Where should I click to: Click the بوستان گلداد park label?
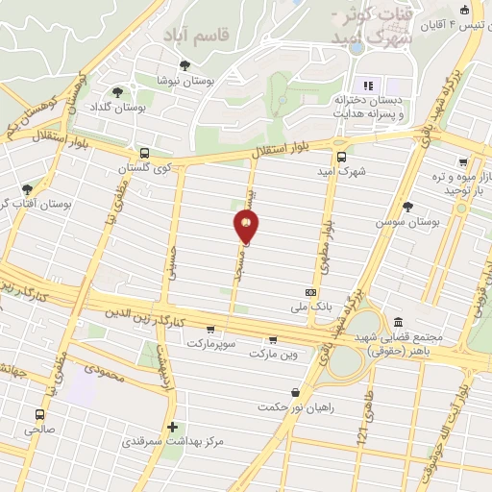pos(141,108)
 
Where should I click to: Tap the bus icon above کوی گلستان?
pos(144,153)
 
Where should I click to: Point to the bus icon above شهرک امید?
pos(340,158)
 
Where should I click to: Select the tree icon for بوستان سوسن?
pos(407,207)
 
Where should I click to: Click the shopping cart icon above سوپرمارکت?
pos(209,330)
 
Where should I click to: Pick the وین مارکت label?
pos(274,355)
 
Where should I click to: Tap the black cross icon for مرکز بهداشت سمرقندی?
pos(172,427)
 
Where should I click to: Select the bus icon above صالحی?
pos(39,415)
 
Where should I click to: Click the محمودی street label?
pos(105,367)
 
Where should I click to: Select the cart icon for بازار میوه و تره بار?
pos(463,162)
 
